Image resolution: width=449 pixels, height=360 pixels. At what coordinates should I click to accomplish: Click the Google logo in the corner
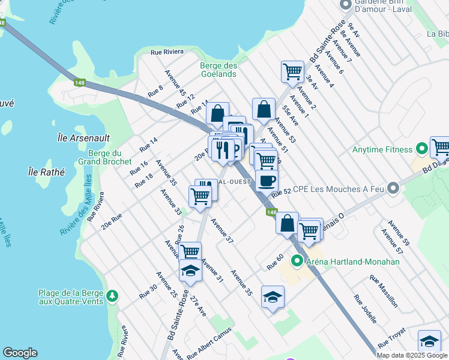[x=20, y=353]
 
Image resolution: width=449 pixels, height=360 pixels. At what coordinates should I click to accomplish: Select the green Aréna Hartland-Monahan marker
[x=296, y=261]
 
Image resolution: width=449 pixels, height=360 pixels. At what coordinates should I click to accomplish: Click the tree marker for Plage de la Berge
[x=111, y=296]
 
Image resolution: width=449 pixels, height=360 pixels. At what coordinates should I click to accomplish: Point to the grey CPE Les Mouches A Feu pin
[x=393, y=188]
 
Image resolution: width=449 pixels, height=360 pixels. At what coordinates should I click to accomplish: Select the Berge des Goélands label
[x=218, y=70]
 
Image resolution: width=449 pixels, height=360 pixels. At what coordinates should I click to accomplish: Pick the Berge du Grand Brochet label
[x=105, y=157]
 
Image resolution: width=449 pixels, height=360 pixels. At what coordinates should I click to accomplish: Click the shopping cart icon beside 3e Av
[x=292, y=71]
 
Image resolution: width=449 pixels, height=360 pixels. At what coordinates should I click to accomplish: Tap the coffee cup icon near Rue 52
[x=267, y=180]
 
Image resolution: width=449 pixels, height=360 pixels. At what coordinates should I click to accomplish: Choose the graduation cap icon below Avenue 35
[x=273, y=297]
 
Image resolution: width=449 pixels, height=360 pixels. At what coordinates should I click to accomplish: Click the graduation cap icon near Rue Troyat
[x=429, y=341]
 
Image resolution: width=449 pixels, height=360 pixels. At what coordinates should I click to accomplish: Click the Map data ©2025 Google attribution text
[x=412, y=355]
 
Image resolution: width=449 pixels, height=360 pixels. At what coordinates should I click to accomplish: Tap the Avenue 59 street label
[x=399, y=233]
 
